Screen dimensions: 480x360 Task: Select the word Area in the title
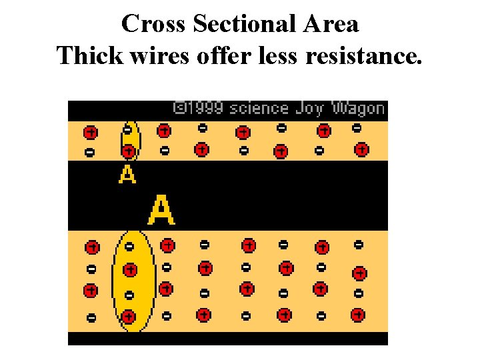point(330,24)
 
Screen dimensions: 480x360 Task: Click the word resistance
point(363,56)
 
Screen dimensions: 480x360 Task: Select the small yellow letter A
point(127,174)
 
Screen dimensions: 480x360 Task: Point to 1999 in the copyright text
point(203,108)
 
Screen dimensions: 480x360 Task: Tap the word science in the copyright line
point(259,108)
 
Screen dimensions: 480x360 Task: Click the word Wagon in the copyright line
point(358,108)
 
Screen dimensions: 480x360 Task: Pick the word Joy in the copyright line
point(310,108)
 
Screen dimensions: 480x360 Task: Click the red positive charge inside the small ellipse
point(128,152)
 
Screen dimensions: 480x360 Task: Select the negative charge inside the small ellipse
point(127,129)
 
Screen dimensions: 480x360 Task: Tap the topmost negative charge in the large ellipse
point(129,247)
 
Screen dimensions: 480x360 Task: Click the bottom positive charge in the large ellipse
point(128,317)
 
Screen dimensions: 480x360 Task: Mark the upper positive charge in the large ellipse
point(130,270)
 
